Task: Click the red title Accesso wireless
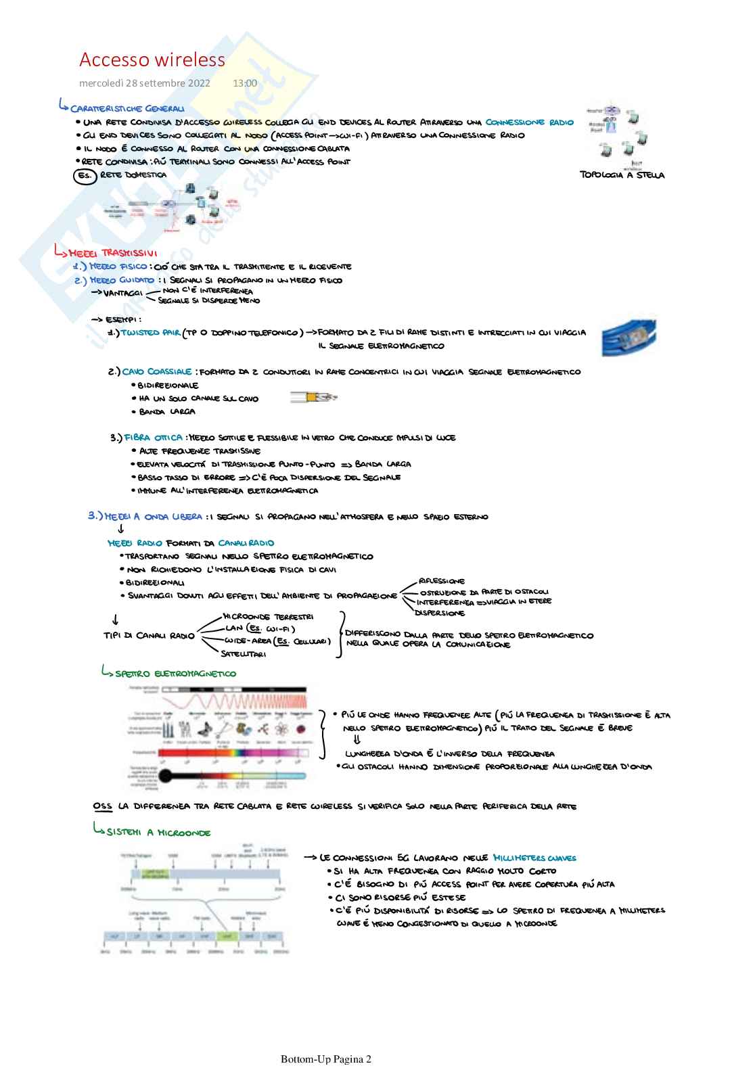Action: (x=152, y=60)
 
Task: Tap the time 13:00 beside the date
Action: (x=245, y=83)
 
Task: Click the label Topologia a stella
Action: (x=622, y=175)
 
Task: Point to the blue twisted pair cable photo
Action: (x=628, y=336)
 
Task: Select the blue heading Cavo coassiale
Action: (x=157, y=372)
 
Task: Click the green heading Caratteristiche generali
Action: (x=127, y=108)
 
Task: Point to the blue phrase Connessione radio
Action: (x=529, y=122)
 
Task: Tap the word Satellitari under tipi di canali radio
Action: (x=243, y=654)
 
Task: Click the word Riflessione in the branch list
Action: (x=442, y=581)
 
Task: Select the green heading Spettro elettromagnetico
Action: (x=175, y=674)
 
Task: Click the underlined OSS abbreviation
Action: (x=103, y=806)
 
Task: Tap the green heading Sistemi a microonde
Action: (x=158, y=833)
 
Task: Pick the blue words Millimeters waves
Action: (x=534, y=858)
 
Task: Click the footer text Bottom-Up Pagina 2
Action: (x=326, y=1059)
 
